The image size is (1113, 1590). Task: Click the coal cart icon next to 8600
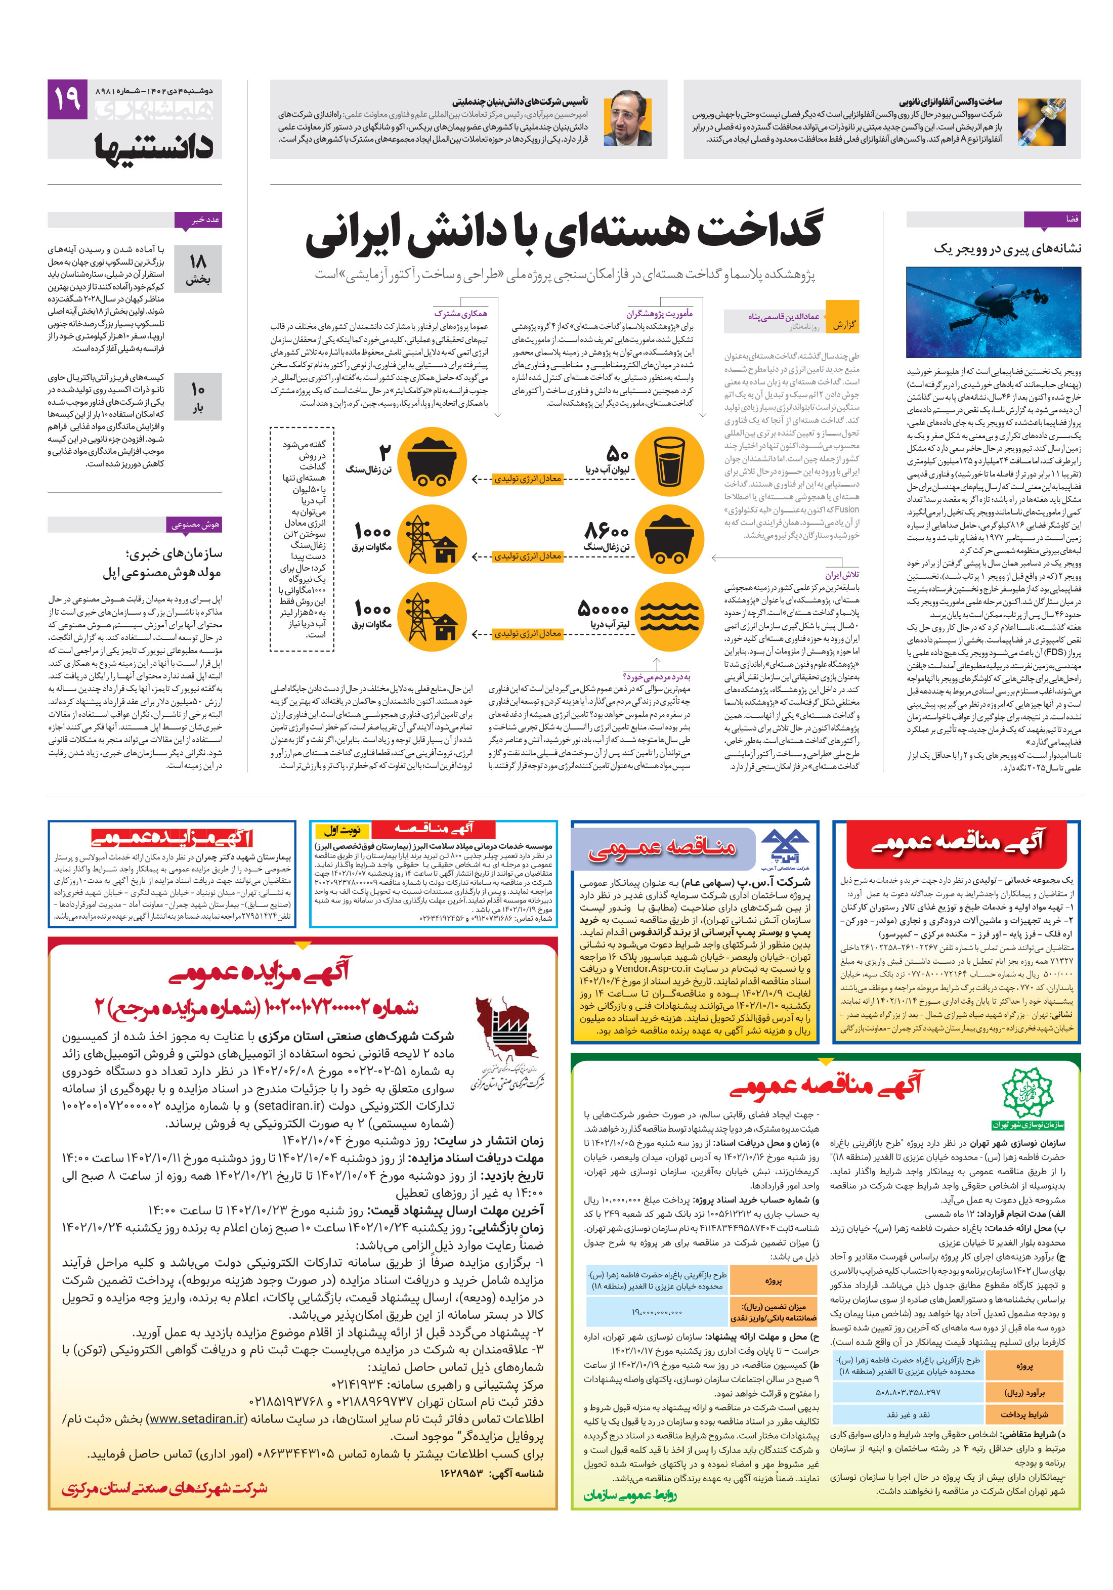click(x=668, y=539)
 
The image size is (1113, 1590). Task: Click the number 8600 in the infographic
click(x=606, y=531)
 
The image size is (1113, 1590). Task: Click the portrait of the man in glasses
click(x=627, y=119)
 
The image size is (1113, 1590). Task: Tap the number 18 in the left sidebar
click(x=198, y=261)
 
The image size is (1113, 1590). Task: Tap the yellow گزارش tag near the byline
click(x=843, y=324)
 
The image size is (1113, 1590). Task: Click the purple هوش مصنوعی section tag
click(x=195, y=524)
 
